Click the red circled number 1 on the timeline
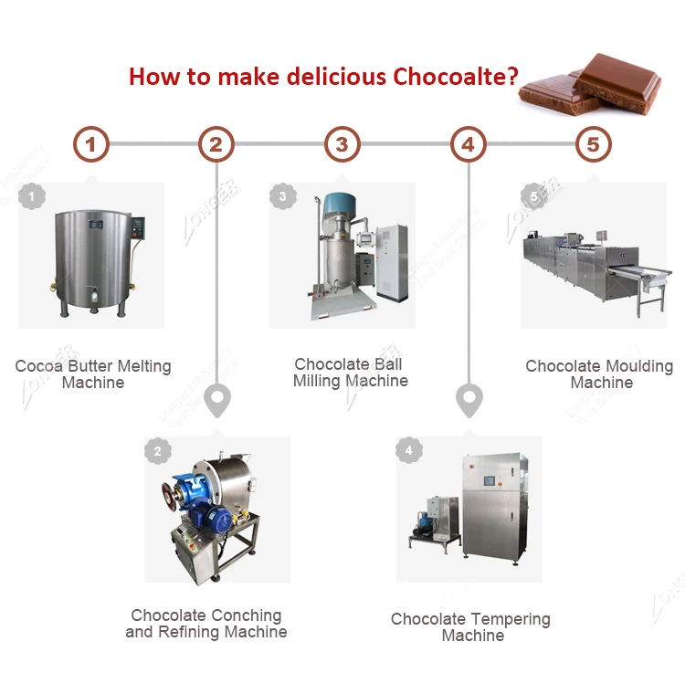(x=90, y=144)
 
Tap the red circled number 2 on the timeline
(x=216, y=144)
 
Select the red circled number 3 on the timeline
(x=342, y=144)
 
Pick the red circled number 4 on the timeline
(x=468, y=144)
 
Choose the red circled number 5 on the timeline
(x=594, y=144)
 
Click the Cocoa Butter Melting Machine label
(x=92, y=374)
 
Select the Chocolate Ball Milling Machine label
(x=350, y=373)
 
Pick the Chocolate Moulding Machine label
(x=599, y=374)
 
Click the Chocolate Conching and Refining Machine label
(x=206, y=624)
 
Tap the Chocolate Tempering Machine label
(x=471, y=627)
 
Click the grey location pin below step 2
(x=216, y=400)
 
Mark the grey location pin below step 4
(x=469, y=400)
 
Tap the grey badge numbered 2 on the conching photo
(x=157, y=450)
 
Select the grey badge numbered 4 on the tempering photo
(x=408, y=450)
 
